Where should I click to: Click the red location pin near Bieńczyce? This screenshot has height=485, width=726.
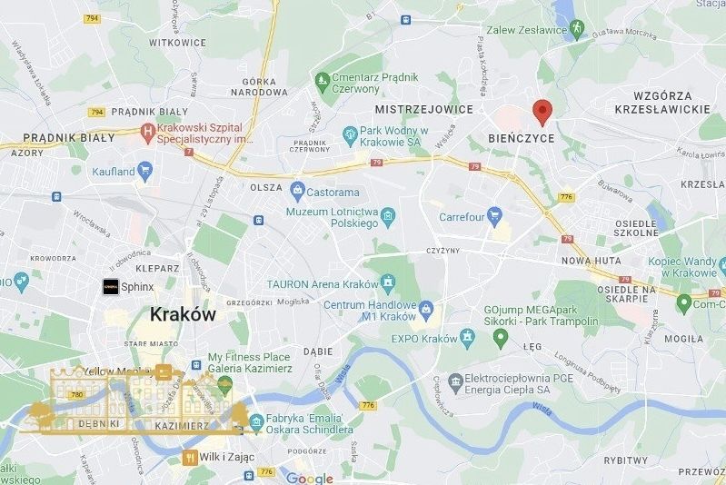point(542,112)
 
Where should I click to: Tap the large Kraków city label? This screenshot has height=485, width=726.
point(182,315)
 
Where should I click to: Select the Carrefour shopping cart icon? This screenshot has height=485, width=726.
point(494,216)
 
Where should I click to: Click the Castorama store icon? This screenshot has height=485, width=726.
point(297,192)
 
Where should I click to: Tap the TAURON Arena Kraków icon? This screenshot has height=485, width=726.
point(388,282)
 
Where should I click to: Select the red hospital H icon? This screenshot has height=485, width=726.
point(145,134)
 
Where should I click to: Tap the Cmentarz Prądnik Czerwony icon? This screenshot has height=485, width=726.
point(320,83)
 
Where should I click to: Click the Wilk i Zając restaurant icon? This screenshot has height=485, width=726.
point(190,457)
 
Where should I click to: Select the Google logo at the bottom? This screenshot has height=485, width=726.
point(310,479)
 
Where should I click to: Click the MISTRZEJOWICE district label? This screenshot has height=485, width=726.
point(424,109)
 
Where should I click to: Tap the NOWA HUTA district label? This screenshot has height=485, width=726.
point(590,261)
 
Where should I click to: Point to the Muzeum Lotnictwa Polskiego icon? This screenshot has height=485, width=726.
point(388,217)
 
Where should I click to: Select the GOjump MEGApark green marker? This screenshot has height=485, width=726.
point(499,339)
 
